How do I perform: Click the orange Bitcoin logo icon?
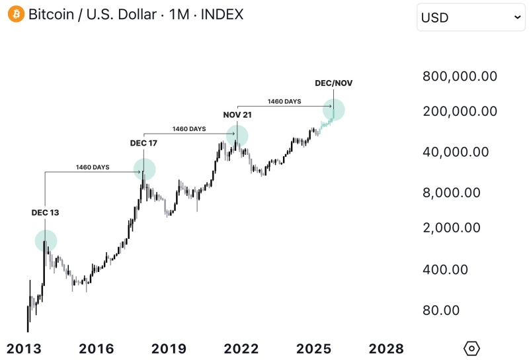click(15, 14)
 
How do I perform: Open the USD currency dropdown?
click(470, 17)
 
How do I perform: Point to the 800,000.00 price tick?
click(460, 76)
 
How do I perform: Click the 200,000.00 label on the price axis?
click(460, 111)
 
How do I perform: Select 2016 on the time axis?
click(97, 349)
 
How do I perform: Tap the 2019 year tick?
click(169, 349)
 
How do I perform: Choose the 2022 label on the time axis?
click(241, 349)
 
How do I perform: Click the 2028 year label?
click(386, 349)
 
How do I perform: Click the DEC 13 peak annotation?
click(45, 212)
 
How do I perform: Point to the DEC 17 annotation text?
click(143, 142)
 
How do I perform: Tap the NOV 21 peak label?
click(237, 114)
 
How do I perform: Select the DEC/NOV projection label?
click(333, 83)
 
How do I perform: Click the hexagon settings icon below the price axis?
click(471, 348)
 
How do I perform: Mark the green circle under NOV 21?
click(237, 136)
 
